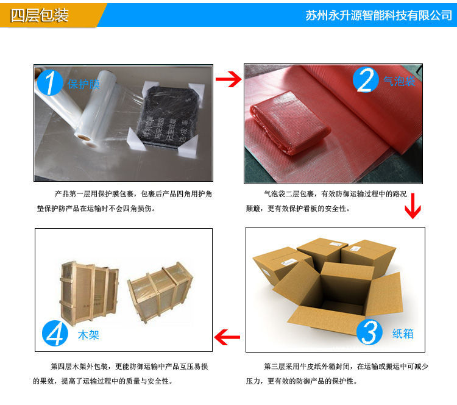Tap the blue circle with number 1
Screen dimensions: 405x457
pos(51,83)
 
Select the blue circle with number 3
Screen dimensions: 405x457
pos(369,332)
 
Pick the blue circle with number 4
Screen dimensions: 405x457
pos(55,334)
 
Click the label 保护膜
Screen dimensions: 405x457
pos(83,84)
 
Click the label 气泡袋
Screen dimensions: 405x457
pos(399,81)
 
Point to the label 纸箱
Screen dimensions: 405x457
pos(403,334)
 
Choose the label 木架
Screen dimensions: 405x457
pos(88,335)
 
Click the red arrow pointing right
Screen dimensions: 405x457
pos(228,80)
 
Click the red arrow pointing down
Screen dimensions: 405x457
pos(413,206)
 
